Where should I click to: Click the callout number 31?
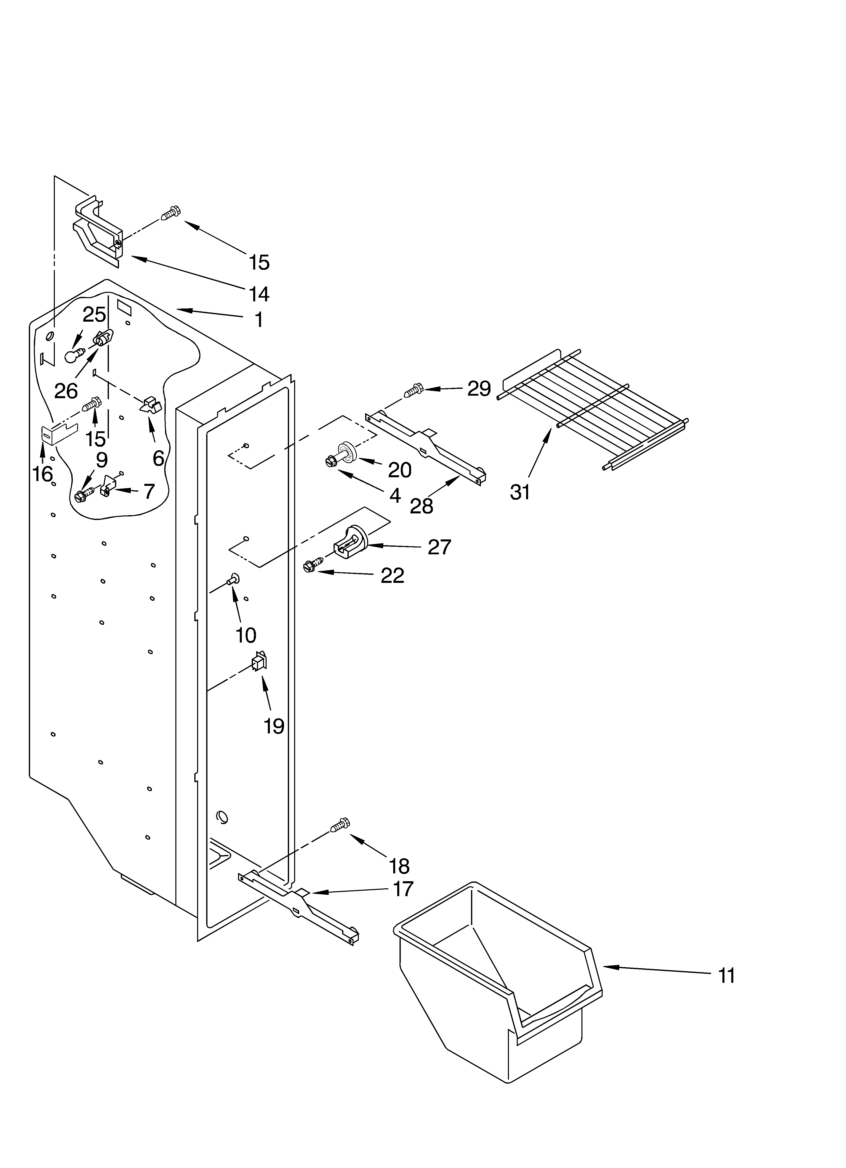520,492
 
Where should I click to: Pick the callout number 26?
66,391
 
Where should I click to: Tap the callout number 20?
399,470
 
